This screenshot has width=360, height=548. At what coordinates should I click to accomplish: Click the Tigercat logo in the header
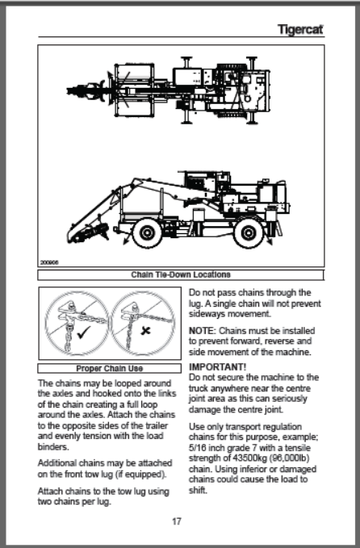(300, 29)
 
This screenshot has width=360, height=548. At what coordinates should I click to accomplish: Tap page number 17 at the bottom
(177, 521)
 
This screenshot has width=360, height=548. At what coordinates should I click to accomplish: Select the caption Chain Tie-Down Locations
(181, 274)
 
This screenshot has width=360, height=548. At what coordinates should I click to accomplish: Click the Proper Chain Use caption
(110, 368)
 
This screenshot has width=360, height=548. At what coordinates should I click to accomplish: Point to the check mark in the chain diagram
(83, 332)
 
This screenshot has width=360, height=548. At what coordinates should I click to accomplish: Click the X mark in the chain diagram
(145, 330)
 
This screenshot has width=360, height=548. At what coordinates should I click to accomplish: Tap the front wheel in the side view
(147, 232)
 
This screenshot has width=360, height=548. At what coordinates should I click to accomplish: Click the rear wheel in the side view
(248, 232)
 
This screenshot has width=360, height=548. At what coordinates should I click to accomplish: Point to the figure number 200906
(49, 262)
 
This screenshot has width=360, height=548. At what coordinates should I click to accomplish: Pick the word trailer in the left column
(158, 425)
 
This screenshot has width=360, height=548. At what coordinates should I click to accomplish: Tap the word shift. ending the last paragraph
(198, 490)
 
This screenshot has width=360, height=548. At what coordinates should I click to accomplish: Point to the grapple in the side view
(89, 233)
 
